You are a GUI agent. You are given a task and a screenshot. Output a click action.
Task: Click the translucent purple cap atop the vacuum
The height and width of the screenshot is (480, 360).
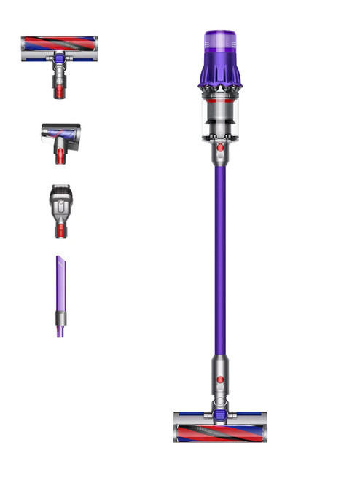click(x=219, y=39)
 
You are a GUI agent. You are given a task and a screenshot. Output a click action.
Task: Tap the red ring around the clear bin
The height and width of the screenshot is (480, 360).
click(x=219, y=94)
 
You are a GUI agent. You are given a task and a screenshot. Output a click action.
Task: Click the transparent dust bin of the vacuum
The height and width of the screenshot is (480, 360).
click(x=219, y=117)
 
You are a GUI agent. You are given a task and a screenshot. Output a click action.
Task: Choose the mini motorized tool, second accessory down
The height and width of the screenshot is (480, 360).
click(x=60, y=138)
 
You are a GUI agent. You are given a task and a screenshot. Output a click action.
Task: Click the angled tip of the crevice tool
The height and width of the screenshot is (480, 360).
click(x=58, y=260)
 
